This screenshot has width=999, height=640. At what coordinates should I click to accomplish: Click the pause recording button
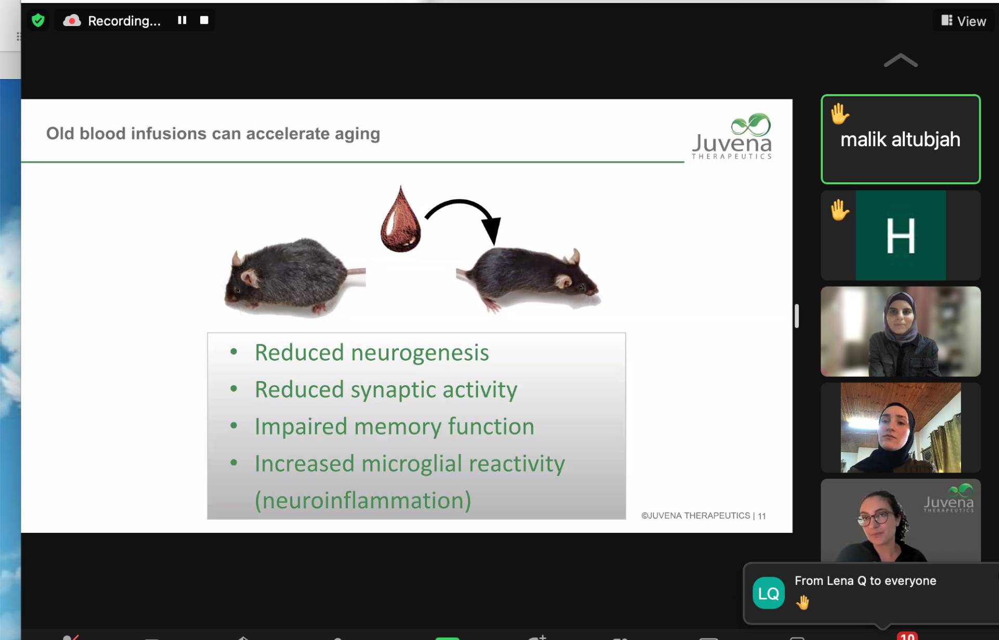(182, 20)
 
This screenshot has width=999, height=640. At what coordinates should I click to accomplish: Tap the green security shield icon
(38, 20)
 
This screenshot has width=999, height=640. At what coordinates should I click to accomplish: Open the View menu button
(964, 21)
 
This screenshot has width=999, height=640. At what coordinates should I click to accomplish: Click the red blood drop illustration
(400, 220)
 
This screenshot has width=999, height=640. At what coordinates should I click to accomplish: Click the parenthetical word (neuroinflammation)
(363, 501)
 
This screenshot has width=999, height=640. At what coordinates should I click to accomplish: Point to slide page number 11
(762, 516)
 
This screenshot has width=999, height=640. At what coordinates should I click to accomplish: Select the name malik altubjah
(900, 139)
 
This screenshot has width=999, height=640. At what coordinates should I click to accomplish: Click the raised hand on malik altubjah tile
(839, 114)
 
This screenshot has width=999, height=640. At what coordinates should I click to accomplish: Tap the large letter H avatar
(901, 236)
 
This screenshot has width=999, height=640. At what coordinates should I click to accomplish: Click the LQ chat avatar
(769, 593)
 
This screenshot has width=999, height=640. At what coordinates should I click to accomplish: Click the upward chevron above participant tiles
(901, 61)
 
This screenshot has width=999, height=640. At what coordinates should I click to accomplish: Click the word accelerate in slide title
(288, 134)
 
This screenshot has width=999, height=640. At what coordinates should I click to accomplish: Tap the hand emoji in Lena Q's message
(802, 603)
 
